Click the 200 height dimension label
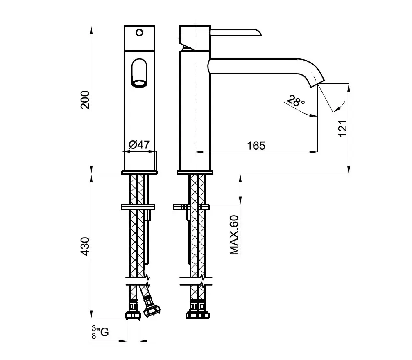pyautogui.click(x=85, y=100)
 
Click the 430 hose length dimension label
pyautogui.click(x=85, y=246)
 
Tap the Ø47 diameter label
pyautogui.click(x=139, y=144)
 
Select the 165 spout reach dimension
pyautogui.click(x=256, y=146)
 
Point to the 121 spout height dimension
pyautogui.click(x=343, y=128)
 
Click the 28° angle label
pyautogui.click(x=296, y=101)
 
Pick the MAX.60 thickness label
pyautogui.click(x=234, y=235)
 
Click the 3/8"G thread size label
pyautogui.click(x=100, y=332)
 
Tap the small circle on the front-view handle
pyautogui.click(x=140, y=33)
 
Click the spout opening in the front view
pyautogui.click(x=139, y=83)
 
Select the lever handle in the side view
pyautogui.click(x=235, y=32)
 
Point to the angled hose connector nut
pyautogui.click(x=152, y=308)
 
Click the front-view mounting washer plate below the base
pyautogui.click(x=138, y=207)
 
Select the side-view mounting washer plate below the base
pyautogui.click(x=191, y=207)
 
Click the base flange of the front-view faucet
pyautogui.click(x=139, y=172)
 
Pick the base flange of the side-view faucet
pyautogui.click(x=195, y=172)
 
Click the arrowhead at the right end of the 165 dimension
pyautogui.click(x=314, y=152)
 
